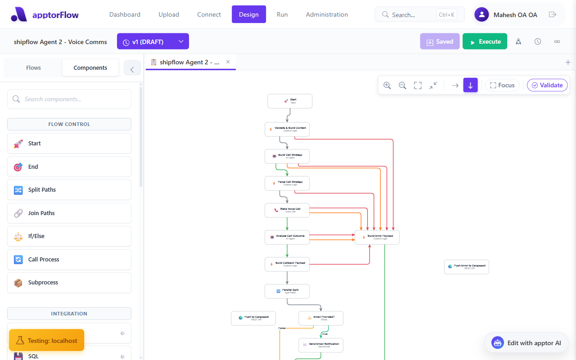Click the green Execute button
(485, 41)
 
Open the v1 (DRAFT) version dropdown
(153, 41)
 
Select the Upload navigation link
(169, 14)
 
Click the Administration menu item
(327, 14)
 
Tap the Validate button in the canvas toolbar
(547, 85)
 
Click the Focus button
(502, 85)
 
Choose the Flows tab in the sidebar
(33, 67)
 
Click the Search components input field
(69, 99)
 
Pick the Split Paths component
(69, 190)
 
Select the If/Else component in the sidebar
(69, 236)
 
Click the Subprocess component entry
(69, 283)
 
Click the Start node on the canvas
(290, 101)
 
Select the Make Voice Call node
(287, 210)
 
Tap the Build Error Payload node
(377, 237)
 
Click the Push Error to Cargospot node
(466, 267)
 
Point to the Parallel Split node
(287, 291)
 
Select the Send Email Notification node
(321, 345)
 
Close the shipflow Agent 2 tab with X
(228, 62)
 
